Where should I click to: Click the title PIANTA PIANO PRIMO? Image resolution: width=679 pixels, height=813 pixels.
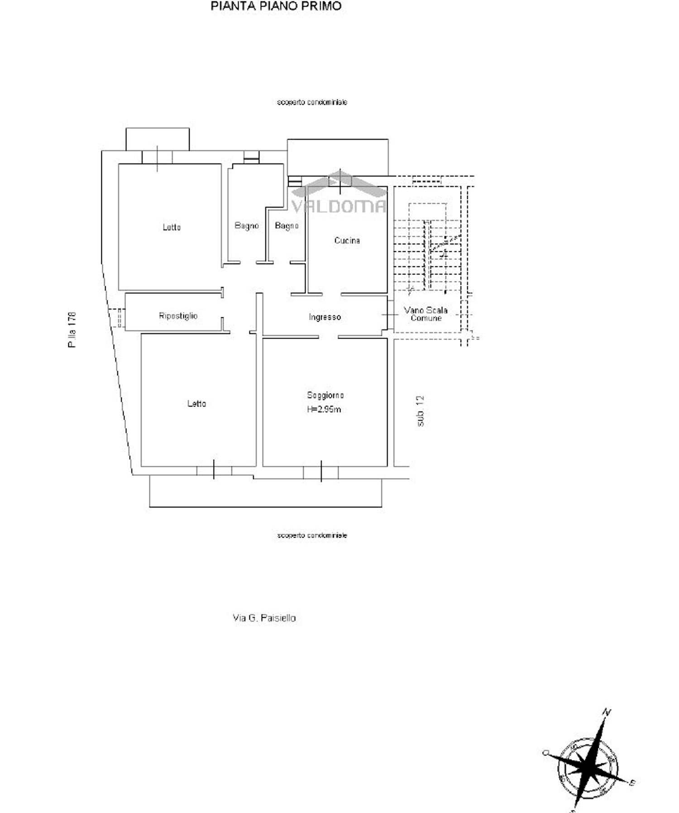(x=276, y=6)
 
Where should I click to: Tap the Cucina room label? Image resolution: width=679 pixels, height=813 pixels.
(x=347, y=240)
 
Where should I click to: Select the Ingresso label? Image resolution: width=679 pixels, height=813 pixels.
(x=325, y=317)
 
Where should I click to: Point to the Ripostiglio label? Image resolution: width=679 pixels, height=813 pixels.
(x=178, y=316)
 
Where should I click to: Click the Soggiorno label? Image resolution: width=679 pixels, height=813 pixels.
(x=325, y=395)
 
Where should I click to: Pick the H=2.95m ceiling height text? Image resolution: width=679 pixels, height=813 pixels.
(x=324, y=410)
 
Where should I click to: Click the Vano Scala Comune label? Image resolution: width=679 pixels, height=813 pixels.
(x=426, y=314)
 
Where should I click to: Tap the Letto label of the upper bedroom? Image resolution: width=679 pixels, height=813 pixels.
(x=172, y=227)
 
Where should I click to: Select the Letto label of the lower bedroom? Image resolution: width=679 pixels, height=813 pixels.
(x=196, y=403)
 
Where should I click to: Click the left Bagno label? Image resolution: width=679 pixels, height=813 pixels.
(x=247, y=225)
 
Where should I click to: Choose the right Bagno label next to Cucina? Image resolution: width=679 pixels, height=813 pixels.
(x=287, y=225)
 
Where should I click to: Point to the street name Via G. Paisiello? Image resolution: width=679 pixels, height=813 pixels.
(x=264, y=618)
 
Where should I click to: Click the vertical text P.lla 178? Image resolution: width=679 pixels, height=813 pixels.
(x=72, y=330)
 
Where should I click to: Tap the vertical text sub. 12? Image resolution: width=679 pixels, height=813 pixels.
(x=421, y=411)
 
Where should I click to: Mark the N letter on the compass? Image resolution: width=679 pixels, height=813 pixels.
(x=607, y=712)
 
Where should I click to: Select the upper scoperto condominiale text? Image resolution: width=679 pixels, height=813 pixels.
(x=312, y=102)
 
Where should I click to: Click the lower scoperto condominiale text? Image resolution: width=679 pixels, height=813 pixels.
(x=312, y=536)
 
